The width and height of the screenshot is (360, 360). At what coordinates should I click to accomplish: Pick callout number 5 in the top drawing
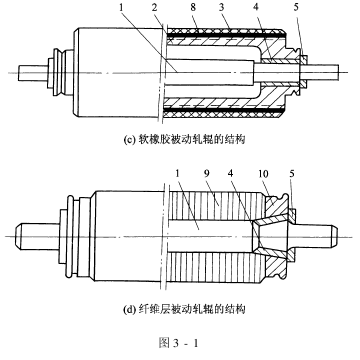point(296,8)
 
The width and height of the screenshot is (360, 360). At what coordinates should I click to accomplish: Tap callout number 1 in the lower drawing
point(176,174)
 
